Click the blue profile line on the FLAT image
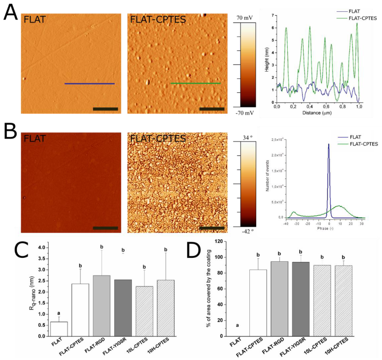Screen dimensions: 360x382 pyautogui.click(x=89, y=84)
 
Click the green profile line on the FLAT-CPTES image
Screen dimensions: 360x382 pyautogui.click(x=195, y=83)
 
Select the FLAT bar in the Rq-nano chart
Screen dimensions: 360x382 pyautogui.click(x=59, y=329)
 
